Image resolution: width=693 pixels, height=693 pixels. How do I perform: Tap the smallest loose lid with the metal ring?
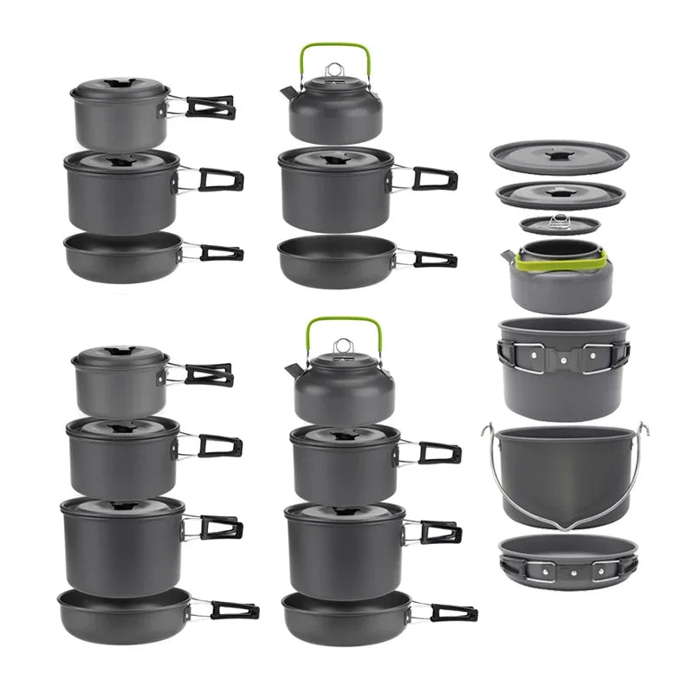pyautogui.click(x=560, y=225)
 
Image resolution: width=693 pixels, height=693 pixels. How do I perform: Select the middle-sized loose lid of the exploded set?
pyautogui.click(x=560, y=194)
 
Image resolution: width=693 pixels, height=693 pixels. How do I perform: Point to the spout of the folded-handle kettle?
pyautogui.click(x=507, y=256)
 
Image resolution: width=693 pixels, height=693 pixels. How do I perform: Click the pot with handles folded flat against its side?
pyautogui.click(x=563, y=368)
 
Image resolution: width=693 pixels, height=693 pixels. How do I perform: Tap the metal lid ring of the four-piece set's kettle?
pyautogui.click(x=343, y=346)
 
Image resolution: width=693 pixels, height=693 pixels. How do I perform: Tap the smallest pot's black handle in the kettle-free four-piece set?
pyautogui.click(x=209, y=374)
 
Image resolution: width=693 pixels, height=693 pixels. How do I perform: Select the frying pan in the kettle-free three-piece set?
pyautogui.click(x=122, y=256)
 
